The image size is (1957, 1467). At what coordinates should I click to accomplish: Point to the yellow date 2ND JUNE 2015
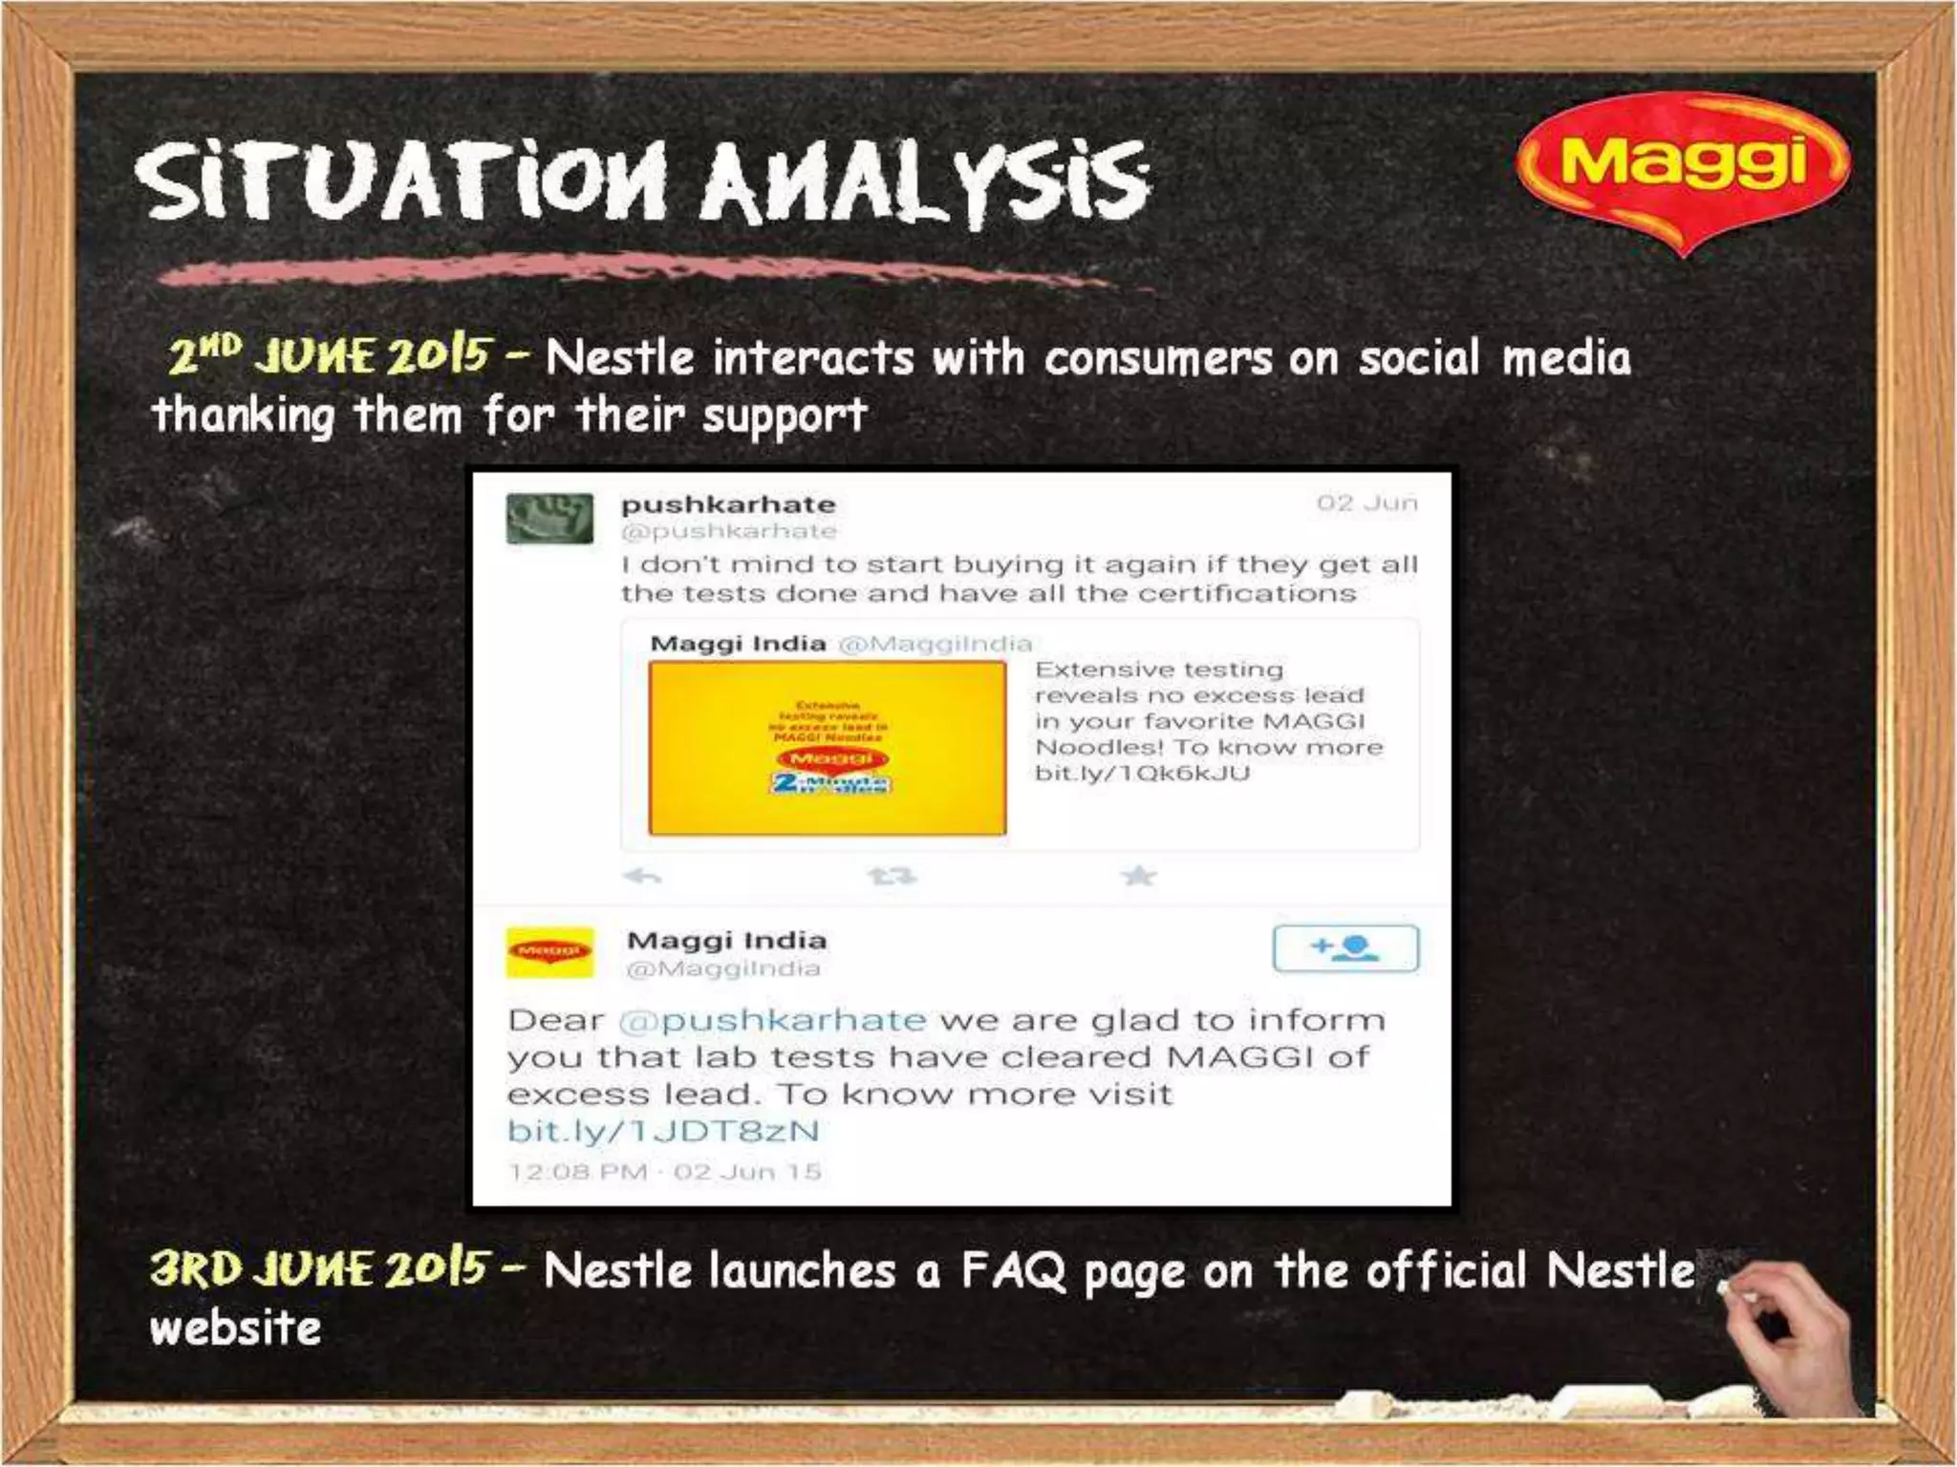[331, 356]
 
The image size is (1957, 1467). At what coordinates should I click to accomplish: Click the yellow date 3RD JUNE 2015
[321, 1269]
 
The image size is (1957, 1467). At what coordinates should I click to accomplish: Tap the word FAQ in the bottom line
[1012, 1271]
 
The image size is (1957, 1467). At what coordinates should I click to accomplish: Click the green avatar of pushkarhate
[549, 519]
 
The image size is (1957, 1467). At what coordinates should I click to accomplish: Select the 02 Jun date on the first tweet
[1366, 502]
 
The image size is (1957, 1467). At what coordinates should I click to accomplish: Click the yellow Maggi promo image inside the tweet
[828, 748]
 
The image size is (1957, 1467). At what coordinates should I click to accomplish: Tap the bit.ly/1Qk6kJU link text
[1142, 773]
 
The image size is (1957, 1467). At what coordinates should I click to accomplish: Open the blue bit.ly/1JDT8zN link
[663, 1131]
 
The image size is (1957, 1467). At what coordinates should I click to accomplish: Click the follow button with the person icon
[1345, 947]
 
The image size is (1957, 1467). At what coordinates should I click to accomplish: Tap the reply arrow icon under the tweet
[642, 876]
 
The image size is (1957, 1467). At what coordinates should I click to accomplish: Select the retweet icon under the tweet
[891, 876]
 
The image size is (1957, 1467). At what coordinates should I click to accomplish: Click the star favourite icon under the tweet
[1139, 876]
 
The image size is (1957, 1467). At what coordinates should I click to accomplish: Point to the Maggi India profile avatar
[549, 952]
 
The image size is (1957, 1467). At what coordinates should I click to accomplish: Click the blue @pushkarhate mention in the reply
[772, 1020]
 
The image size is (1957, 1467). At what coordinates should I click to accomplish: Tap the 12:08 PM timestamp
[577, 1172]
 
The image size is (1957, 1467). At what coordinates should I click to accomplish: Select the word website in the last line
[235, 1329]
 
